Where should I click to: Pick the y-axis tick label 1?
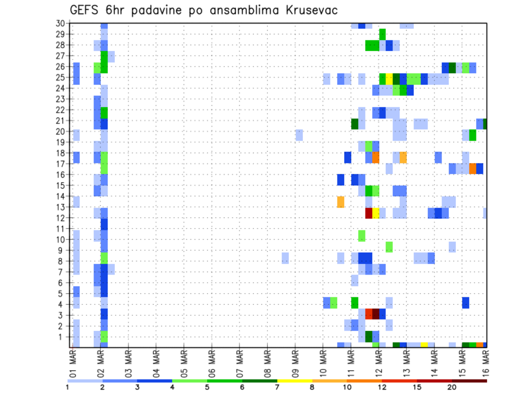(x=62, y=336)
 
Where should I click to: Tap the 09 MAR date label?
(x=295, y=362)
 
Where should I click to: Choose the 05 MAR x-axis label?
(x=184, y=362)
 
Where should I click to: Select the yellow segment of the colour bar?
(x=294, y=381)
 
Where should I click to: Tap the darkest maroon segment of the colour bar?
(x=469, y=381)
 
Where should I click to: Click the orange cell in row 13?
(x=341, y=202)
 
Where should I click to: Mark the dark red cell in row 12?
(x=369, y=213)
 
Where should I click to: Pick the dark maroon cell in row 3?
(x=376, y=314)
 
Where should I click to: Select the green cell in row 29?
(x=382, y=34)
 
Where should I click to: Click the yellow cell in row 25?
(x=389, y=78)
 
